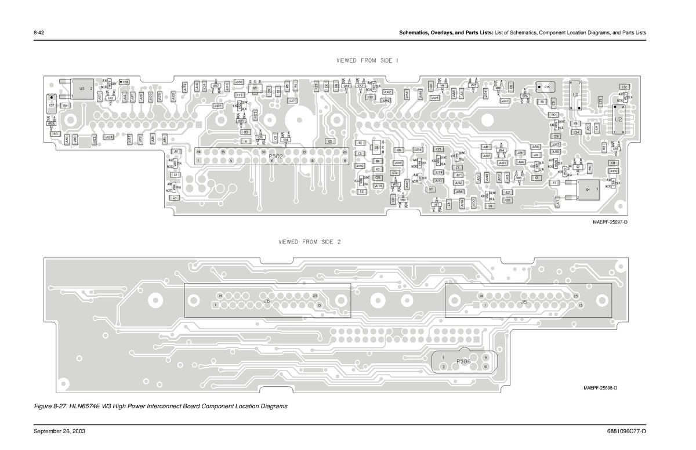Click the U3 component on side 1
82,88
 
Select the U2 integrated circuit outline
618,119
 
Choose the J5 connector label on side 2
524,302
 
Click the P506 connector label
463,361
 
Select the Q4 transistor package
589,190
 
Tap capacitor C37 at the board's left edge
52,105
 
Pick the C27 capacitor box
293,100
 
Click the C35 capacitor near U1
546,86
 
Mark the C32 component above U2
624,86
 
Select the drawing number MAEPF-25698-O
596,387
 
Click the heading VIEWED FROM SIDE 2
310,242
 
